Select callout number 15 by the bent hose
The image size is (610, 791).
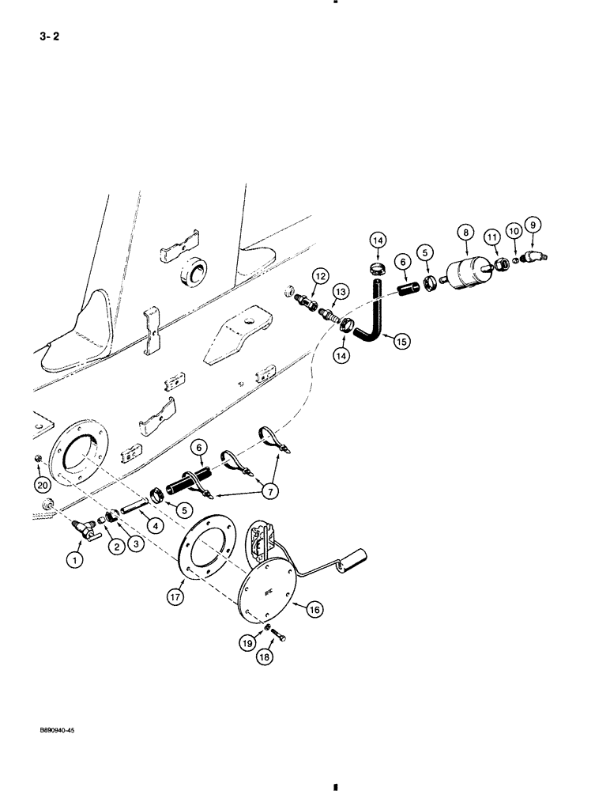pos(401,342)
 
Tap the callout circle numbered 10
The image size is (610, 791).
pos(514,231)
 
